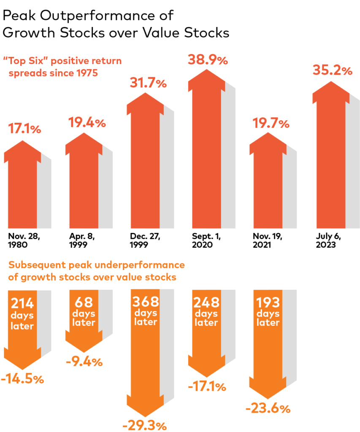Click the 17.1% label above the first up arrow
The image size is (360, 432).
click(x=24, y=129)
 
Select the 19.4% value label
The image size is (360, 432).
click(x=87, y=123)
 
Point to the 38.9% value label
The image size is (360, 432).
click(x=208, y=60)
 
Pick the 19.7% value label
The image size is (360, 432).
click(x=271, y=124)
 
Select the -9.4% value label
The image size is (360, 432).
click(x=84, y=362)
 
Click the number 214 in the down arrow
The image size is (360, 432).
click(x=22, y=304)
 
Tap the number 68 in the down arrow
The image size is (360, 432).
click(x=84, y=302)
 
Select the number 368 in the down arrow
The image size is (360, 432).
click(x=146, y=302)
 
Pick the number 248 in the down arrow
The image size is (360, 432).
click(x=207, y=302)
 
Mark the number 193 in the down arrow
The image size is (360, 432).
click(x=268, y=302)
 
